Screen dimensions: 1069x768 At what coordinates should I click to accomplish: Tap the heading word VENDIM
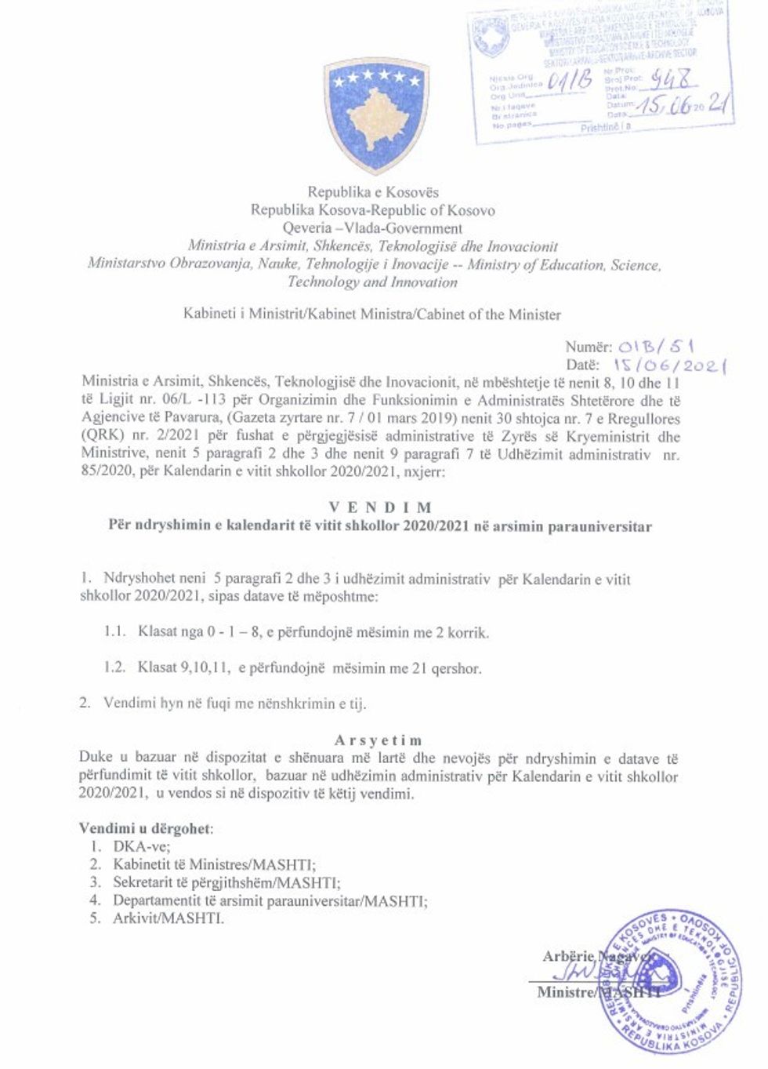379,507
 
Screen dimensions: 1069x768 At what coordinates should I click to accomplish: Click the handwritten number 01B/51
657,346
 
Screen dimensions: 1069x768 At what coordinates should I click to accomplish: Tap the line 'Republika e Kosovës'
373,192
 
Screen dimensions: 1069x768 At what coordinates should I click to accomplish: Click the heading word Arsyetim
378,740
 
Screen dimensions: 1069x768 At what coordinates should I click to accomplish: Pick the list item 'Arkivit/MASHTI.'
168,918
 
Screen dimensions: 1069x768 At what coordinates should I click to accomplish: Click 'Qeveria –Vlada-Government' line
373,228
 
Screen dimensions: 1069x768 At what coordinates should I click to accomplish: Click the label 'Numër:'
588,347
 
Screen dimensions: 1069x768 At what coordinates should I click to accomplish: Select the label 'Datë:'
582,365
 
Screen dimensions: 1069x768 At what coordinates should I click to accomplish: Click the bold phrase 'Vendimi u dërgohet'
144,828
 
